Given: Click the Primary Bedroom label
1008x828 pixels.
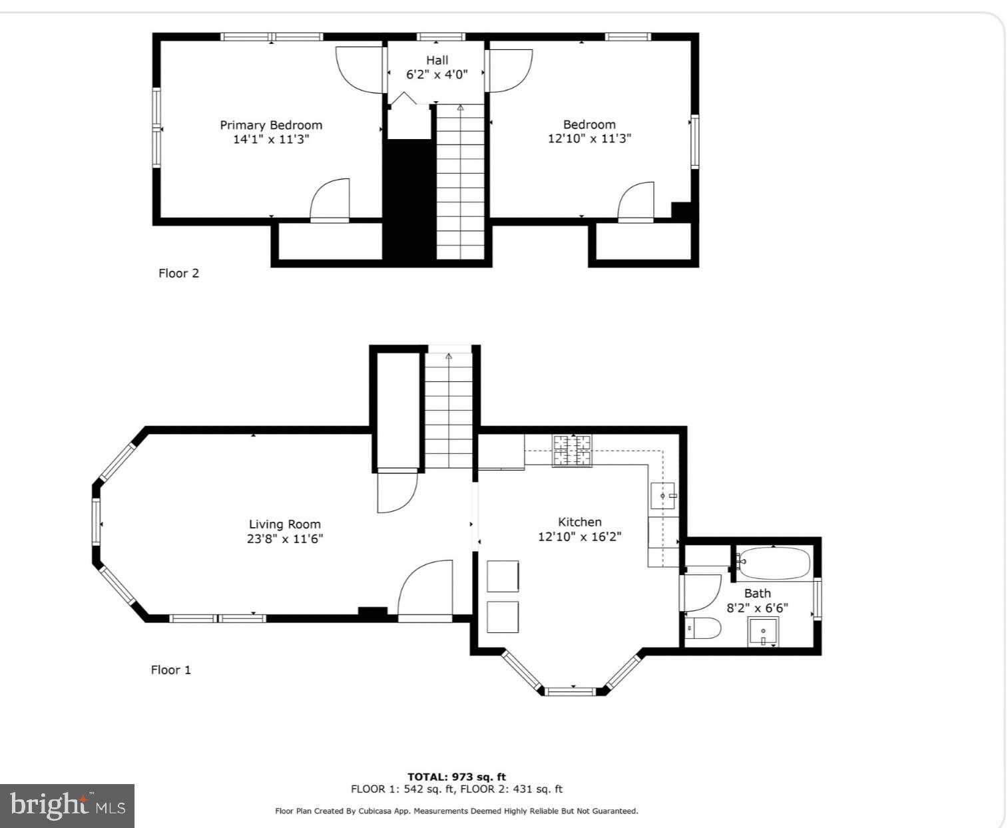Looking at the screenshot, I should click(271, 125).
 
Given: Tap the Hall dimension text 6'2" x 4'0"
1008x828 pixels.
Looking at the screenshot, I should click(437, 75).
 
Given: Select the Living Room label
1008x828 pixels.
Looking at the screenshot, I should click(285, 524).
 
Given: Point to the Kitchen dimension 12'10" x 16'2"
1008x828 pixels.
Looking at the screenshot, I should click(579, 536).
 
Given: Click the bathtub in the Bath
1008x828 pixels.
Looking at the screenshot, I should click(774, 564).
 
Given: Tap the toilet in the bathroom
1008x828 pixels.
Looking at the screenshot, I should click(703, 628).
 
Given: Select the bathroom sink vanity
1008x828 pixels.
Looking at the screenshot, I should click(764, 632).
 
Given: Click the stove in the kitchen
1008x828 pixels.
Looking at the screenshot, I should click(572, 451).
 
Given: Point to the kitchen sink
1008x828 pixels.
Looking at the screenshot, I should click(663, 496).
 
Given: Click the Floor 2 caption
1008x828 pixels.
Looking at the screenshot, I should click(178, 273).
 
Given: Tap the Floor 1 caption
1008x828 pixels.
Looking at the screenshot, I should click(170, 670).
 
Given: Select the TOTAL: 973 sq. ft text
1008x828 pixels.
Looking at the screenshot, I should click(457, 777).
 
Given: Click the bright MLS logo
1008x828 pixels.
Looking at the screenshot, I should click(67, 806).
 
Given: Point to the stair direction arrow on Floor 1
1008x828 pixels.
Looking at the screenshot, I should click(449, 357).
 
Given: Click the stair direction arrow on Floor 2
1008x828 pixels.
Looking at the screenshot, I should click(460, 107).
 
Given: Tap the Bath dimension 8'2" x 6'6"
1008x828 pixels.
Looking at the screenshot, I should click(757, 608).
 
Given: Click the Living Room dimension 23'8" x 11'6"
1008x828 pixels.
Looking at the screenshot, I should click(285, 538).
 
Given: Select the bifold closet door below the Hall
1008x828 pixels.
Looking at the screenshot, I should click(403, 99).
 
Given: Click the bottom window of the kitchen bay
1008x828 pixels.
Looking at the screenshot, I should click(569, 692).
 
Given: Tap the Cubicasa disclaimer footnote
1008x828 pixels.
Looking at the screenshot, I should click(457, 811).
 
